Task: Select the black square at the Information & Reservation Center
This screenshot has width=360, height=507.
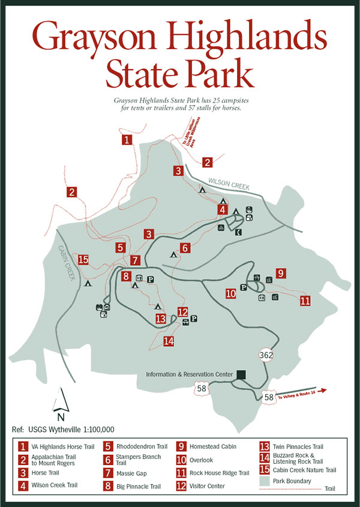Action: point(241,374)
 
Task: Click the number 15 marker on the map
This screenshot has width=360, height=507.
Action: point(83,260)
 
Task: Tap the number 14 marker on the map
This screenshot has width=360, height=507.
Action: point(169,341)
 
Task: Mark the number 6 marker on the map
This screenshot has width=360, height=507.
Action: point(185,247)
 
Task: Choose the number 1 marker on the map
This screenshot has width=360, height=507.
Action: point(127,140)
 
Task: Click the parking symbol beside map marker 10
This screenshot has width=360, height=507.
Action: point(244,287)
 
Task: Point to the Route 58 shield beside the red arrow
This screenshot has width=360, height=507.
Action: point(269,397)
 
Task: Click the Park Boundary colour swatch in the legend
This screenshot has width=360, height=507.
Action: point(264,481)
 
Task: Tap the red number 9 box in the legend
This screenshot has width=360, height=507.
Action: point(181,446)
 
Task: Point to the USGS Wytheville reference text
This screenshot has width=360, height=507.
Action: point(63,429)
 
